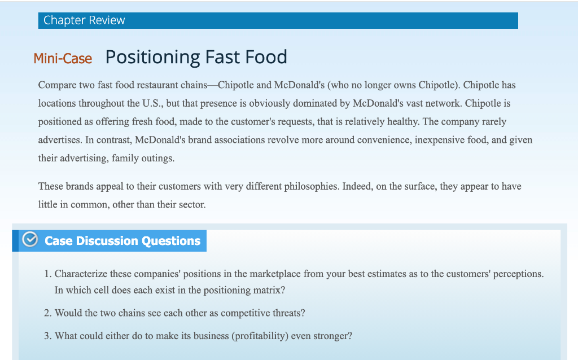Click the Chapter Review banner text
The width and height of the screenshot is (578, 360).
point(84,20)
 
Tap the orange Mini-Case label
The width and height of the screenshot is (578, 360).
point(63,58)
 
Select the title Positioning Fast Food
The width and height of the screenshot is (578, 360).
point(196,57)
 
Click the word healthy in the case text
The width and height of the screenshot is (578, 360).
point(402,122)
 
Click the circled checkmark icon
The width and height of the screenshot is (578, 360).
point(29,240)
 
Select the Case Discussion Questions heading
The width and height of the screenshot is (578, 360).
point(122,241)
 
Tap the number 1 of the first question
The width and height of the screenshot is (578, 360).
point(47,274)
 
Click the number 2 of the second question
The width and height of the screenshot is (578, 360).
point(47,313)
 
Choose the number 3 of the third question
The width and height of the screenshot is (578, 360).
point(47,336)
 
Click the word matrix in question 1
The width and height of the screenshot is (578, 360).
point(269,291)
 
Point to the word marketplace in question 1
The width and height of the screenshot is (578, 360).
point(268,274)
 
